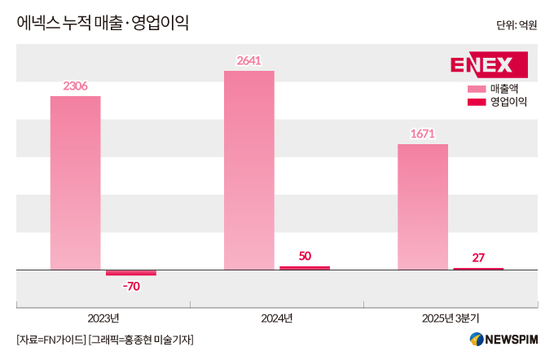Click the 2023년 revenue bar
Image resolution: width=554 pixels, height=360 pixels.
tap(75, 182)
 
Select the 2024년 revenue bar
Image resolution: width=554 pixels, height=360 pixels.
tap(248, 169)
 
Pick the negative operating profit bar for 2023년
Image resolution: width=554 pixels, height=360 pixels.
tap(130, 272)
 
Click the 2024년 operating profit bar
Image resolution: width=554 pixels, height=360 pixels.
tap(305, 267)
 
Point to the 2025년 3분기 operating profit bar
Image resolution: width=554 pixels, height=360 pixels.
tap(478, 268)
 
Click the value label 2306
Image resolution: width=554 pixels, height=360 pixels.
tap(75, 86)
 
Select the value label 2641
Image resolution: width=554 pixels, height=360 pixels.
tap(248, 59)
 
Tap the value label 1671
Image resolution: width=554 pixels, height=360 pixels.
tap(422, 133)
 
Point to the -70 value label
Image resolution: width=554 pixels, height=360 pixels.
tap(130, 286)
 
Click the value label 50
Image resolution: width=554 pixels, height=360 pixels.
tap(305, 256)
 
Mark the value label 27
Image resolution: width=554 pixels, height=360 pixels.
tap(478, 257)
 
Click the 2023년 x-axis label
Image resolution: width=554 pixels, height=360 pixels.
tap(103, 318)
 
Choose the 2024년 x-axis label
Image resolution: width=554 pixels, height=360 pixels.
tap(276, 318)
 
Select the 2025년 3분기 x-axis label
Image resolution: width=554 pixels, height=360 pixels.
tap(451, 318)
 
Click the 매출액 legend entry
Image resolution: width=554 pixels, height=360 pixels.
tap(496, 88)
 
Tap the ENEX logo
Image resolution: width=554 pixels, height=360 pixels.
tap(488, 64)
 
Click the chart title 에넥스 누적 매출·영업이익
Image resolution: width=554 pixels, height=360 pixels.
tap(103, 23)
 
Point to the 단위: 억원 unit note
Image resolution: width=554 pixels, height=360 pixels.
tap(517, 25)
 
